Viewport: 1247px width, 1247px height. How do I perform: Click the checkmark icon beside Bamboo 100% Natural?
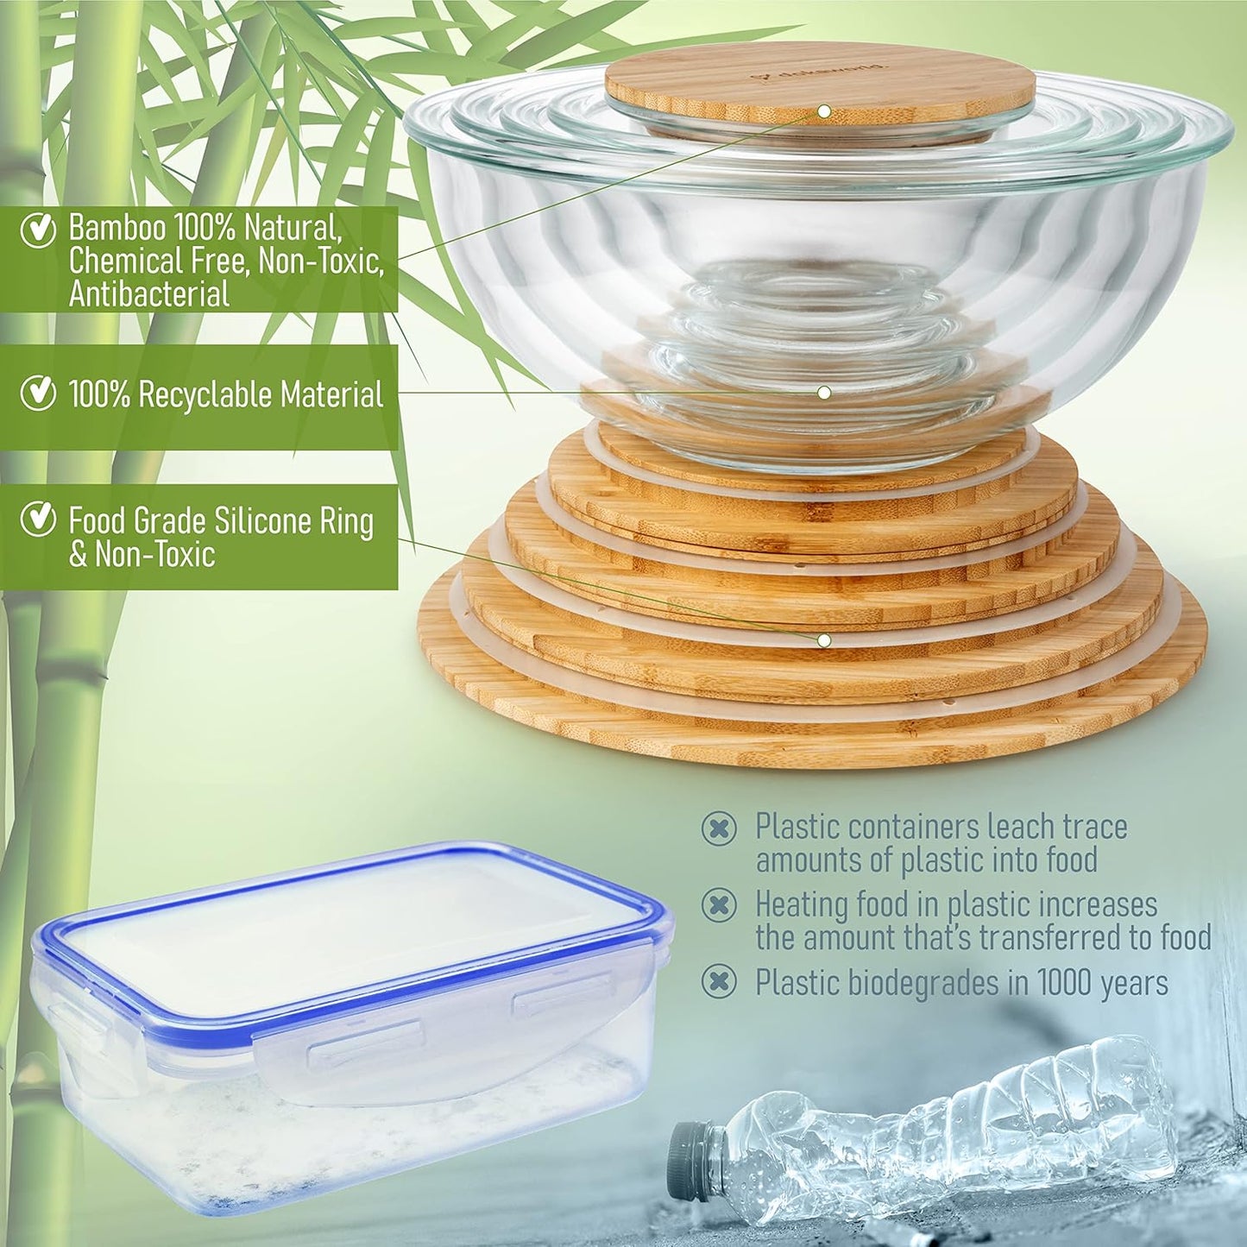pyautogui.click(x=38, y=230)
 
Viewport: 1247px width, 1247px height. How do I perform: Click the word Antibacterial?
pyautogui.click(x=149, y=294)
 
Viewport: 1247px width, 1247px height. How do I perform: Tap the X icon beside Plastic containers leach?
pyautogui.click(x=719, y=828)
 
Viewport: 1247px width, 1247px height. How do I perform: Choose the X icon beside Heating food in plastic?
pyautogui.click(x=719, y=905)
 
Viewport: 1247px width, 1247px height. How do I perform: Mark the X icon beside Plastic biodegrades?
pyautogui.click(x=719, y=981)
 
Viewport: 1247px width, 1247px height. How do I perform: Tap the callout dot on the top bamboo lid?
pyautogui.click(x=824, y=111)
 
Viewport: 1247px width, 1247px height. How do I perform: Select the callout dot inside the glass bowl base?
pyautogui.click(x=824, y=393)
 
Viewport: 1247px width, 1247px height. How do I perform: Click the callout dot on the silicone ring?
pyautogui.click(x=824, y=640)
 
